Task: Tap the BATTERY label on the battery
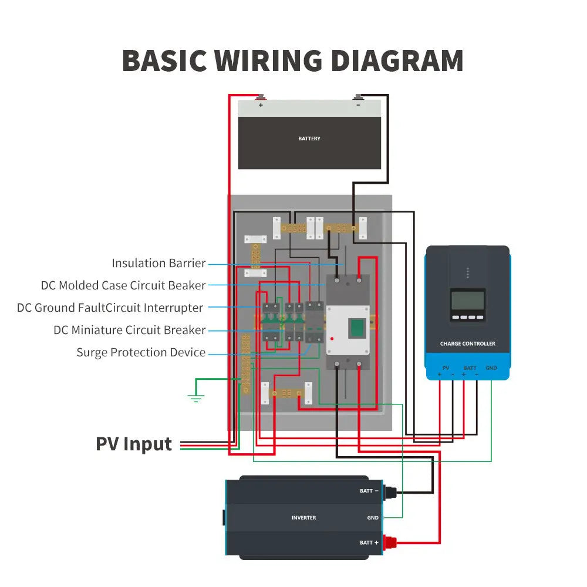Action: click(309, 139)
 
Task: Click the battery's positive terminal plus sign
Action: click(261, 106)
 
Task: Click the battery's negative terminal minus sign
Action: click(358, 106)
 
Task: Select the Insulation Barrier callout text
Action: click(158, 263)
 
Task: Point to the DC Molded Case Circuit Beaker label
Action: click(123, 285)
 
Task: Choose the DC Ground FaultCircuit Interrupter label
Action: click(110, 308)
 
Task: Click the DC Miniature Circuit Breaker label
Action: click(129, 330)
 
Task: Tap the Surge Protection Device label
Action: click(141, 352)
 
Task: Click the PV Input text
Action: click(134, 444)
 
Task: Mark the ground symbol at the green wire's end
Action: click(196, 399)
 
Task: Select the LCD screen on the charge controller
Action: click(467, 301)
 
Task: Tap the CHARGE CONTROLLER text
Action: click(467, 343)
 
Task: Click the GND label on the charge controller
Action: click(491, 368)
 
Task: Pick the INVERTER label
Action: click(303, 518)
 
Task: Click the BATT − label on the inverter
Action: click(369, 491)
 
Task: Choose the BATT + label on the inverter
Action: click(369, 542)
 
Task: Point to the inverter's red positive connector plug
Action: click(389, 542)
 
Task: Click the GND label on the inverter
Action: click(373, 518)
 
